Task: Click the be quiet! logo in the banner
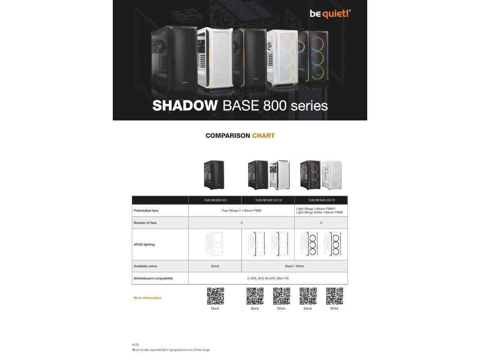(x=330, y=14)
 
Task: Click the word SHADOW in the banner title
(x=184, y=105)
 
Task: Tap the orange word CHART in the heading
(x=263, y=136)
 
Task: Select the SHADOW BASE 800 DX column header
(x=268, y=200)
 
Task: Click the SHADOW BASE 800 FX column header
(x=321, y=200)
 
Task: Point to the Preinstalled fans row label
(x=146, y=210)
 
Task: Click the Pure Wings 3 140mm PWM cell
(x=241, y=210)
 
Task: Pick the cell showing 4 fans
(x=321, y=223)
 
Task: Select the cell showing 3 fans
(x=241, y=223)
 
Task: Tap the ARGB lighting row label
(x=144, y=244)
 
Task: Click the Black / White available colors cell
(x=294, y=266)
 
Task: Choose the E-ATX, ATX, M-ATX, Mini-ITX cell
(x=268, y=278)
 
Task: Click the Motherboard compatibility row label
(x=153, y=278)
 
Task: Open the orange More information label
(x=148, y=298)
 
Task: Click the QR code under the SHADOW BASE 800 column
(x=215, y=296)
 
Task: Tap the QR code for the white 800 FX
(x=334, y=296)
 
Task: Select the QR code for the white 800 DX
(x=281, y=296)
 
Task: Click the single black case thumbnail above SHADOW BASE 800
(x=214, y=174)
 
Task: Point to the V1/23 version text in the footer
(x=135, y=345)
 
